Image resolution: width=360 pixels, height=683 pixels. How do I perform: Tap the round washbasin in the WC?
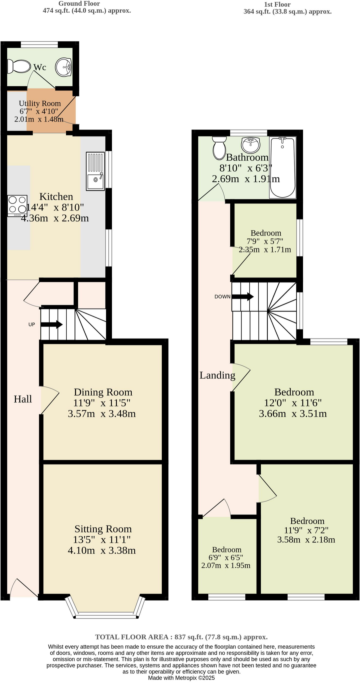64,67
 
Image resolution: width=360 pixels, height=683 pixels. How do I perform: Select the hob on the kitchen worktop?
17,205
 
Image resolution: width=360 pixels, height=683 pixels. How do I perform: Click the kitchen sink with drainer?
95,171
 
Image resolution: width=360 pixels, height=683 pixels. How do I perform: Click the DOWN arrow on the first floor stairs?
242,296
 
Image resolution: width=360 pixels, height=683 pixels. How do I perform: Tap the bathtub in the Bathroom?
282,167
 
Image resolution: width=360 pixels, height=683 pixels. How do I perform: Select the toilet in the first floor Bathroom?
219,148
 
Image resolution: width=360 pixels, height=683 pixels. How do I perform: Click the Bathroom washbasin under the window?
250,144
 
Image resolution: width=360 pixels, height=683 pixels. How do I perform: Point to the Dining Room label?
103,392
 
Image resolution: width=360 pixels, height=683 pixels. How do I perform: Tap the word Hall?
23,399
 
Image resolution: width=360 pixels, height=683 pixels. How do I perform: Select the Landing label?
217,375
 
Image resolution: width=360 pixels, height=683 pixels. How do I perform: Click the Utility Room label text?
40,103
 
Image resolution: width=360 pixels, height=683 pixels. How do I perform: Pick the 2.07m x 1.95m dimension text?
226,565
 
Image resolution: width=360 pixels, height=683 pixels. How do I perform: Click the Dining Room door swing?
50,400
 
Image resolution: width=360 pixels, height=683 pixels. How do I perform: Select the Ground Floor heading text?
79,4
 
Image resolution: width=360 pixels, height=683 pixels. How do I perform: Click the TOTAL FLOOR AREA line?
181,637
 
